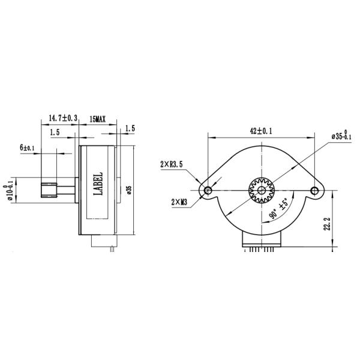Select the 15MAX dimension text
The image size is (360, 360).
(x=97, y=119)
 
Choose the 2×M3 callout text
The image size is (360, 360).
(x=179, y=202)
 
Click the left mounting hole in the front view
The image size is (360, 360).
(x=208, y=190)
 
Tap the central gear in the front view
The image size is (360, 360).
(x=261, y=190)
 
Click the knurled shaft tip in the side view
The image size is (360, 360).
(x=45, y=191)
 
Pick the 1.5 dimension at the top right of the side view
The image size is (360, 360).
(x=130, y=128)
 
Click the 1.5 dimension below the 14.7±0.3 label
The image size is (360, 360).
(x=55, y=133)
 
